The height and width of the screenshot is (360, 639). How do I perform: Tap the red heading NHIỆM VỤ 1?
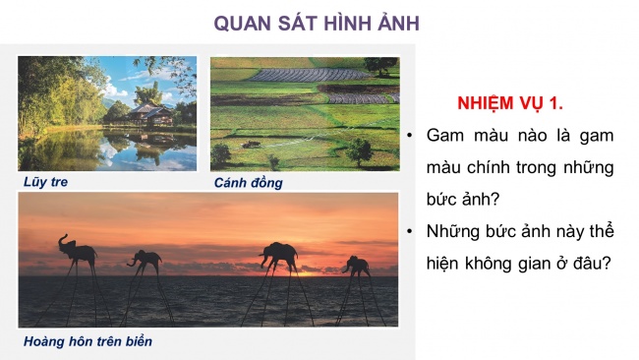tap(509, 103)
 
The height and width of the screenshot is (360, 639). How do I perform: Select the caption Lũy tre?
tap(47, 182)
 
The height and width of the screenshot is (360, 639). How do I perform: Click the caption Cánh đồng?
tap(249, 182)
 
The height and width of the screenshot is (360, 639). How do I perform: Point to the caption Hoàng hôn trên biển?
tap(88, 341)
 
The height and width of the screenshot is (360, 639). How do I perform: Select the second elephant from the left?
tap(145, 258)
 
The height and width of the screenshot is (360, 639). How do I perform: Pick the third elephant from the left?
tap(279, 255)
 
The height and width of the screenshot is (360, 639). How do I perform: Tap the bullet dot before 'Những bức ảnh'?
tap(412, 232)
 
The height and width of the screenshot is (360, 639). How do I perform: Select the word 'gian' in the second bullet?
tap(531, 264)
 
